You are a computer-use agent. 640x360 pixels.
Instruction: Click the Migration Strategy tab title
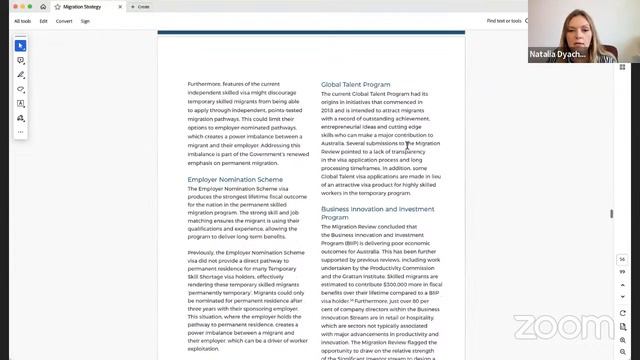coord(81,6)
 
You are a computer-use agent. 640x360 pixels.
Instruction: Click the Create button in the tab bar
coord(142,6)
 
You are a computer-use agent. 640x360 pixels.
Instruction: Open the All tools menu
coord(22,20)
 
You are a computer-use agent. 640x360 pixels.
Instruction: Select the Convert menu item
coord(64,20)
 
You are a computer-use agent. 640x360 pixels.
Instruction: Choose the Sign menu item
coord(85,20)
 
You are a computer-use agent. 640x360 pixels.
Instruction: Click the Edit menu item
coord(43,20)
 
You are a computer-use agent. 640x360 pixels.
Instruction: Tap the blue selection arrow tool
coord(20,46)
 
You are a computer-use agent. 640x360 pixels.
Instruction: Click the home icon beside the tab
coord(43,6)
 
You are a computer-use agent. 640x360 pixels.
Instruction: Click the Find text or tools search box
coord(505,20)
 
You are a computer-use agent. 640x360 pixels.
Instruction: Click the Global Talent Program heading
coord(355,84)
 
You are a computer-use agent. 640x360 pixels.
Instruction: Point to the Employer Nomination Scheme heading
coord(235,180)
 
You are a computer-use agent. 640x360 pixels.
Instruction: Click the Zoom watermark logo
coord(565,326)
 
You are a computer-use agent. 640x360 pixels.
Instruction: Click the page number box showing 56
coord(621,259)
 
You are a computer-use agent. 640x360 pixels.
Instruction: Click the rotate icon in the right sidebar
coord(621,290)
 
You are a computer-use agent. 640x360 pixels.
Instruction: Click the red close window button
coord(8,6)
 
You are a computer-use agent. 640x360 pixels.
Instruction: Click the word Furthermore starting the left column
coord(205,84)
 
